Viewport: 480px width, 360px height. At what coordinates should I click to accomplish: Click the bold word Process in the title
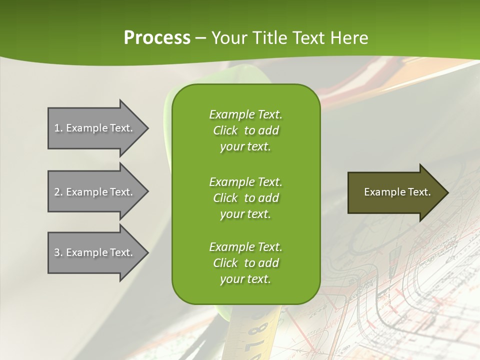click(x=157, y=37)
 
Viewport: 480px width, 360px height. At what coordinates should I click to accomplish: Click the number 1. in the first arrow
click(x=58, y=128)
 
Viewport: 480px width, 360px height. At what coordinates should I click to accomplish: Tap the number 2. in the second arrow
click(x=58, y=192)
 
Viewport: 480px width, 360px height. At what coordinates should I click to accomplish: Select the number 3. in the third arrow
click(x=58, y=252)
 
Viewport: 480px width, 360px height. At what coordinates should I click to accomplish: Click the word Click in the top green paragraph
click(x=225, y=131)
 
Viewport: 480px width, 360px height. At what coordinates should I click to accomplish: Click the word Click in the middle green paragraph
click(x=225, y=198)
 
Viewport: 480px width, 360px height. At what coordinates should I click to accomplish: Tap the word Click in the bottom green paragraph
click(x=225, y=263)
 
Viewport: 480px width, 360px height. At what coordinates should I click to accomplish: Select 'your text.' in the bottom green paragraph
click(x=245, y=279)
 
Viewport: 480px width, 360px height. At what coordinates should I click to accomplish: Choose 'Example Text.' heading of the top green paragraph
click(x=245, y=114)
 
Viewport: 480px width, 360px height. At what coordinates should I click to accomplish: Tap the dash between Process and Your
click(x=200, y=38)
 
